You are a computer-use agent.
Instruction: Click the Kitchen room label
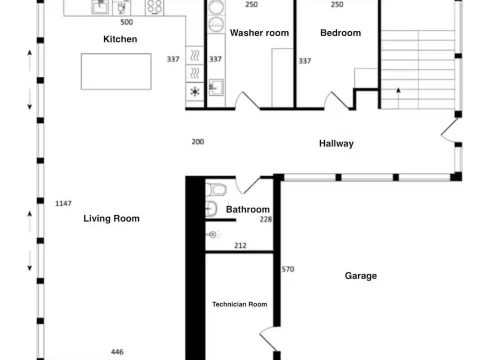coord(120,39)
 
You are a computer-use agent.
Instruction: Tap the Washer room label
coord(259,33)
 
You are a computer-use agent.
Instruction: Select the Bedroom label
coord(340,33)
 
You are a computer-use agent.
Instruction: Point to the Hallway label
coord(336,143)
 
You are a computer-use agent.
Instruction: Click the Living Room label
coord(111,218)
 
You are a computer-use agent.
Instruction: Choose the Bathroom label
coord(247,209)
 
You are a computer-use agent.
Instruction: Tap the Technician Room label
coord(239,304)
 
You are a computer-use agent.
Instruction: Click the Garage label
coord(360,276)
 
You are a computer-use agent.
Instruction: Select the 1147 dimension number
coord(63,203)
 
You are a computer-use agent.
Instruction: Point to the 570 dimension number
coord(288,269)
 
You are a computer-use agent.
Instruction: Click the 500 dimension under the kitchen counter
coord(126,22)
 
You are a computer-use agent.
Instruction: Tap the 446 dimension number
coord(117,352)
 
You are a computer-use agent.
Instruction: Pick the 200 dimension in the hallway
coord(198,141)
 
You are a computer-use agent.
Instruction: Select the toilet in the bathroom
coord(216,190)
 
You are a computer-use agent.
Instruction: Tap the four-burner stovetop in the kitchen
coord(154,6)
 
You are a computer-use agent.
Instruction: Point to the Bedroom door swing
coord(336,100)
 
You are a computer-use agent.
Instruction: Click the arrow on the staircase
coord(398,98)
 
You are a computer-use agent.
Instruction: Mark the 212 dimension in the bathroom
coord(240,245)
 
